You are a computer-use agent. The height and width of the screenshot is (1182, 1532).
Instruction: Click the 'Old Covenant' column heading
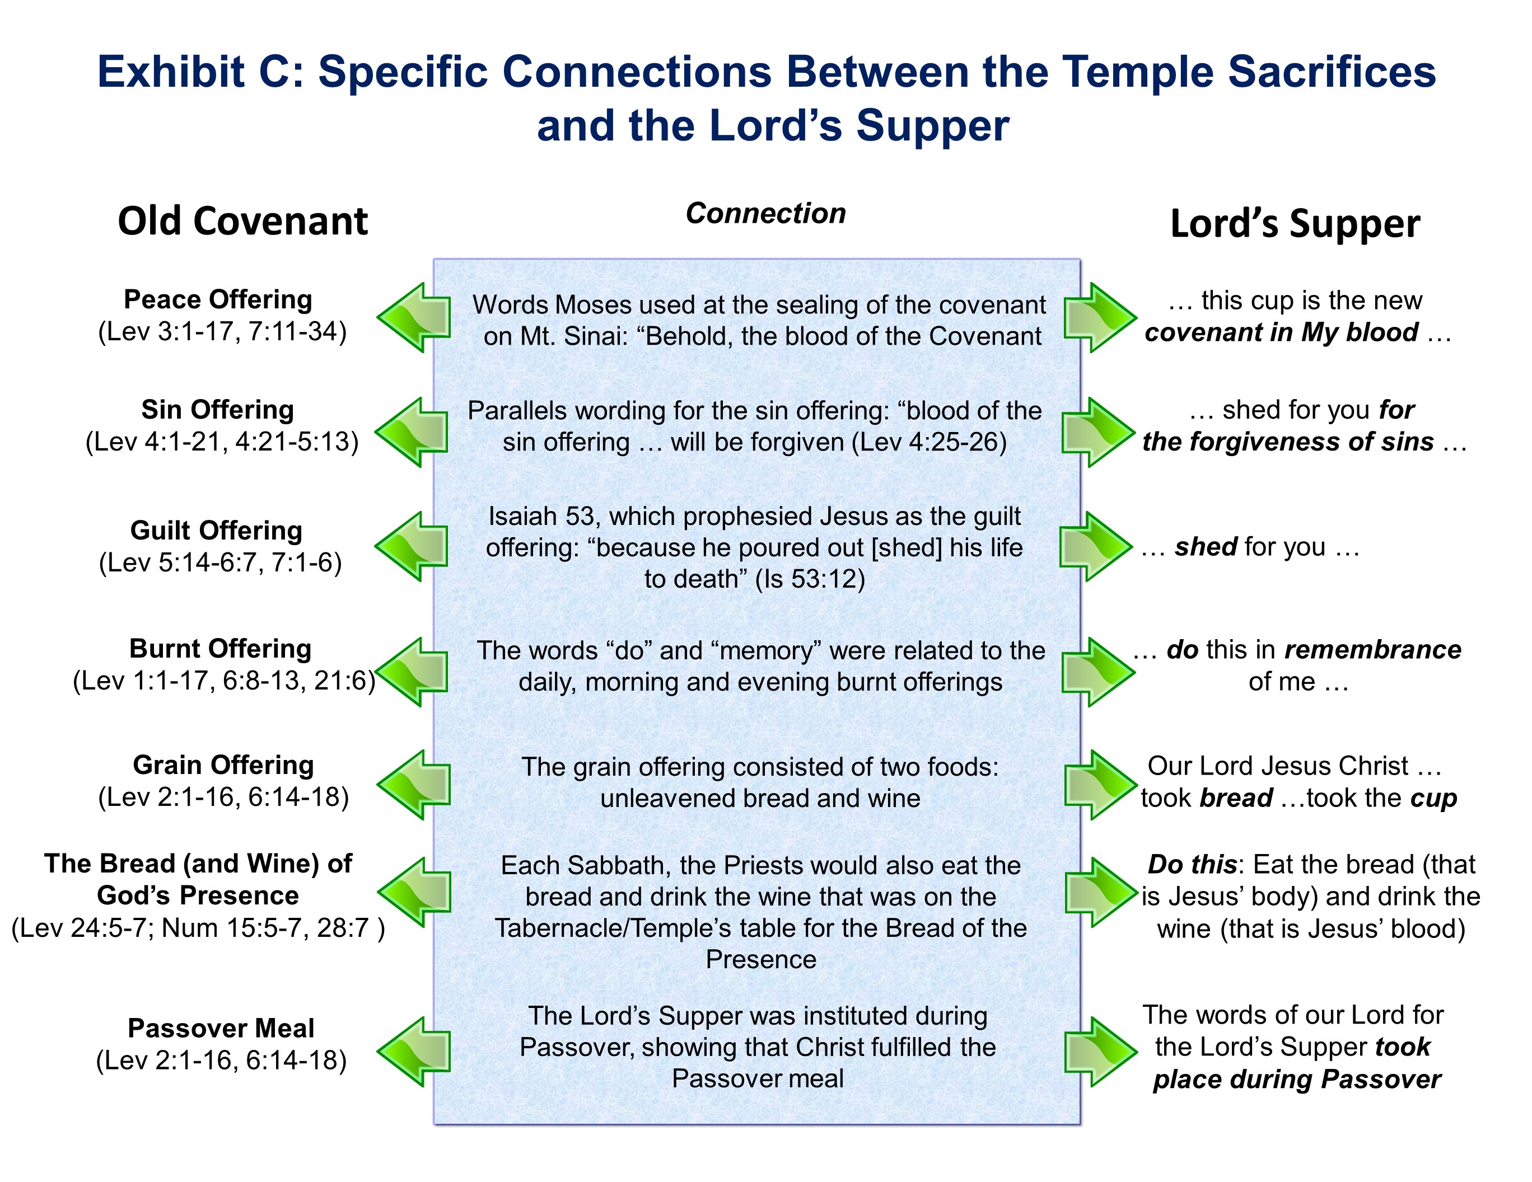pyautogui.click(x=242, y=222)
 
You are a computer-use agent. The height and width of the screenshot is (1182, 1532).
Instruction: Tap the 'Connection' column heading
pyautogui.click(x=765, y=214)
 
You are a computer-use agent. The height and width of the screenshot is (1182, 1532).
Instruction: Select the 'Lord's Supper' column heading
pyautogui.click(x=1295, y=224)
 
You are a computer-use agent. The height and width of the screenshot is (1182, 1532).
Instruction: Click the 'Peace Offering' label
pyautogui.click(x=218, y=299)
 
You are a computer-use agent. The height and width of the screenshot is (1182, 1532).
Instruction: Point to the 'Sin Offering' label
pyautogui.click(x=217, y=410)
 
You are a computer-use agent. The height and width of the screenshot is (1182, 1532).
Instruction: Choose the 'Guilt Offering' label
pyautogui.click(x=216, y=531)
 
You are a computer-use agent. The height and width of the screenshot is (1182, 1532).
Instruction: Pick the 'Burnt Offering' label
pyautogui.click(x=220, y=649)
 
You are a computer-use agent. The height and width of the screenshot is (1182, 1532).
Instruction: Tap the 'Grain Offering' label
pyautogui.click(x=223, y=765)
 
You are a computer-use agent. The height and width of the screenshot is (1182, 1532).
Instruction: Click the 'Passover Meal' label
pyautogui.click(x=221, y=1029)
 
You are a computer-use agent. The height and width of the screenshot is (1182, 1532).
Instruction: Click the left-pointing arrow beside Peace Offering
pyautogui.click(x=414, y=317)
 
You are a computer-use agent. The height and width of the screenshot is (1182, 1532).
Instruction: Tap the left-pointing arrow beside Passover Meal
pyautogui.click(x=414, y=1052)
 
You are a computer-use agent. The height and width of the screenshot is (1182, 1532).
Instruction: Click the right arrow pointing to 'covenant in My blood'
pyautogui.click(x=1099, y=317)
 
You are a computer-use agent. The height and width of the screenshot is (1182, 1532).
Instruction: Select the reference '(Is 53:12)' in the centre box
pyautogui.click(x=810, y=579)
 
